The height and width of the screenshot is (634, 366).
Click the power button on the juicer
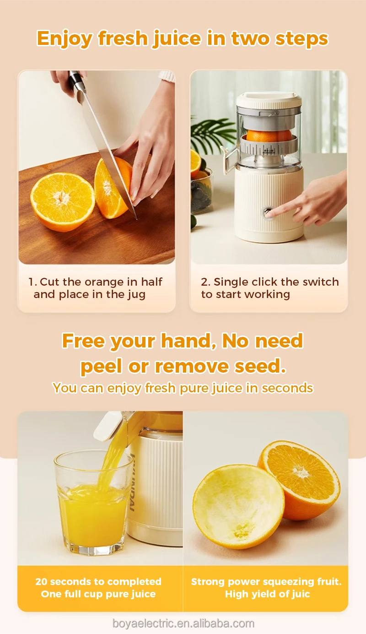(268, 212)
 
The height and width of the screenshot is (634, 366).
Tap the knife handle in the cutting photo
(76, 83)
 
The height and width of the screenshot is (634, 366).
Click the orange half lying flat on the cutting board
(63, 201)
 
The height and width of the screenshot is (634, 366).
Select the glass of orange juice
(92, 503)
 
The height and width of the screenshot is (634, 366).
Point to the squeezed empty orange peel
(238, 506)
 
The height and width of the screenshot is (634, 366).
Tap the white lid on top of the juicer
(269, 100)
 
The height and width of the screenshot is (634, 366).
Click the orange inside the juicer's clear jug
(269, 135)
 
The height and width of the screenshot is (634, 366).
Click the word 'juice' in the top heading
(177, 39)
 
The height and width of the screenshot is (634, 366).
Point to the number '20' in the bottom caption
(42, 581)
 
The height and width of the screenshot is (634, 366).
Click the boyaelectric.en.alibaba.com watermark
(183, 623)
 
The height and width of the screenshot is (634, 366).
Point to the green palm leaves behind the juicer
(212, 134)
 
